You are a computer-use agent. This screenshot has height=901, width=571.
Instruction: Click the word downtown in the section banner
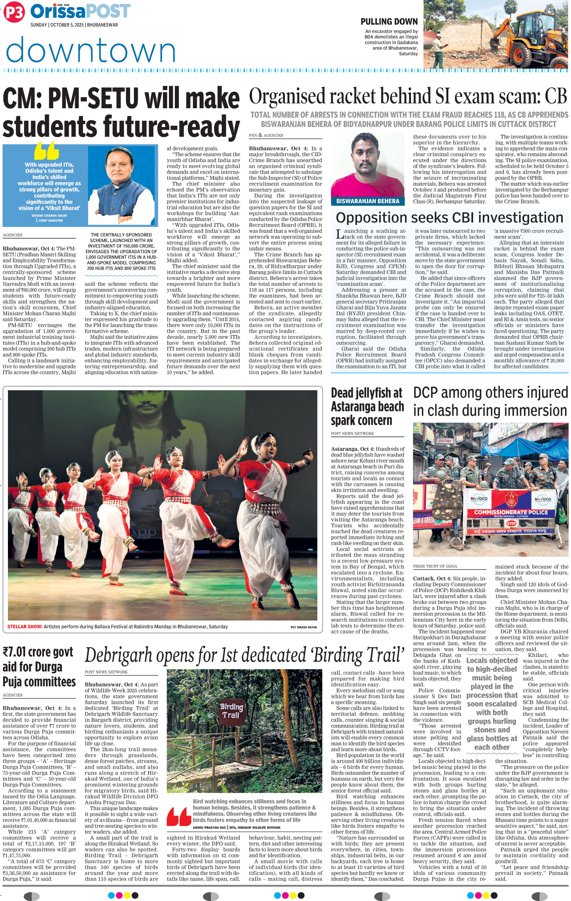[91, 51]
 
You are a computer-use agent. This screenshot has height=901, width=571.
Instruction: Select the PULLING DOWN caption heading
[389, 22]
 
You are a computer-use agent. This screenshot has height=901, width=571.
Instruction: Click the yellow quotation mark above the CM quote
[47, 150]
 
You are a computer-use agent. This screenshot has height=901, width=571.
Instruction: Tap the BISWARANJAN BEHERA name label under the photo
[368, 201]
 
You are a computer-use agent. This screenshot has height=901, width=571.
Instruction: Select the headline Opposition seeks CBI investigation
[449, 218]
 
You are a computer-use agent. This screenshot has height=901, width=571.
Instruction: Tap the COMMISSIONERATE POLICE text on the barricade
[511, 512]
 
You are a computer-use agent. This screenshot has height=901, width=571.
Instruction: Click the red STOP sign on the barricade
[511, 523]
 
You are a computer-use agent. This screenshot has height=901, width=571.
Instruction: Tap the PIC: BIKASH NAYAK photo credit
[303, 627]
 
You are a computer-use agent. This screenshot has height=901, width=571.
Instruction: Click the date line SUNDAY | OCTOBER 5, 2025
[74, 25]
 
